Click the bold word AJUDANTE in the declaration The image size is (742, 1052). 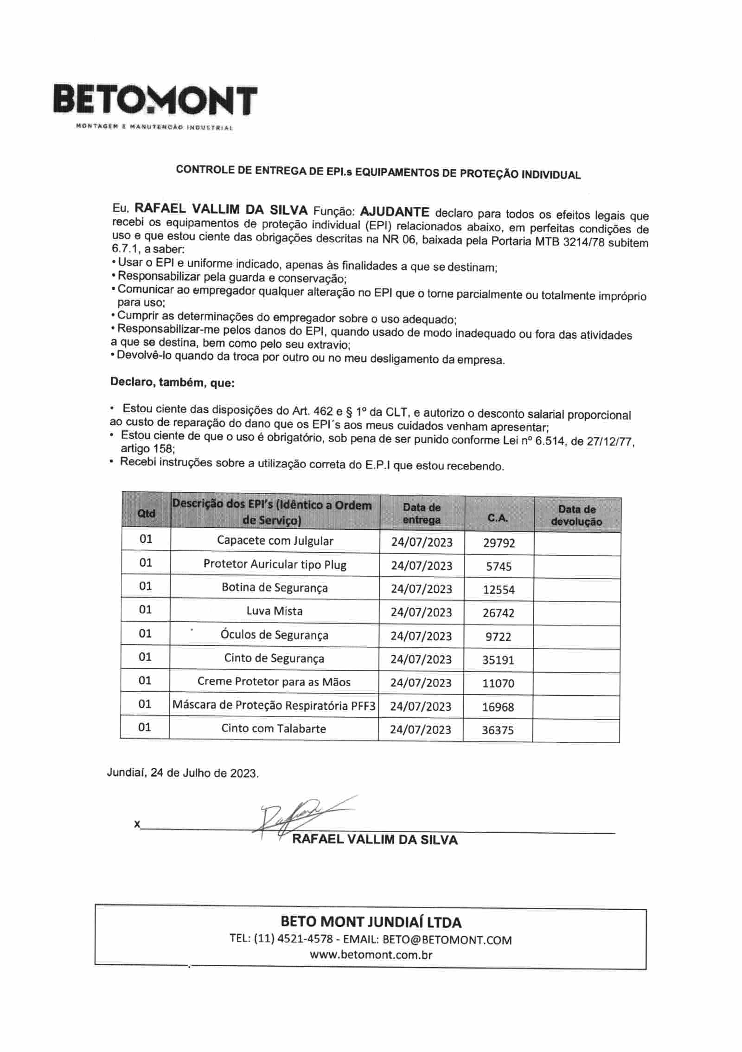[394, 212]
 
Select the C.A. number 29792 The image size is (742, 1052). [499, 543]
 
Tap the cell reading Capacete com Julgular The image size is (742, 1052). [275, 541]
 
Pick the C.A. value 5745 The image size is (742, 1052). [499, 566]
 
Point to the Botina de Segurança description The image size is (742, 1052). [275, 587]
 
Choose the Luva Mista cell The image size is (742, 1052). [275, 611]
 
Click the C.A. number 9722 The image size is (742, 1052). [499, 637]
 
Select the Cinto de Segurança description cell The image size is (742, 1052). [274, 658]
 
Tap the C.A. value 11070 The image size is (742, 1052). [499, 683]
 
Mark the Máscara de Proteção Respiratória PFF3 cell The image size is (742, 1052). [274, 706]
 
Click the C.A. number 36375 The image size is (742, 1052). [498, 730]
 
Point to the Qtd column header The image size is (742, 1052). [146, 513]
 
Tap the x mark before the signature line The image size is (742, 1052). [137, 824]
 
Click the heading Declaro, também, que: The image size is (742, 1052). [173, 383]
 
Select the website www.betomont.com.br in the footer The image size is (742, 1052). [371, 955]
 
